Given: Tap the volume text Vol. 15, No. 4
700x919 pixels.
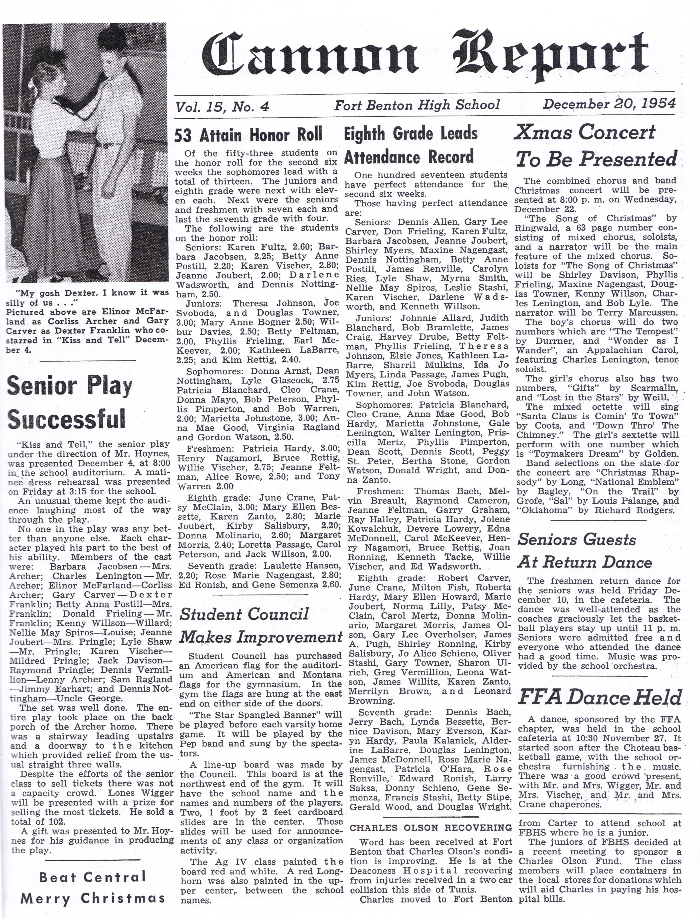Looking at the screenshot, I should pyautogui.click(x=222, y=107).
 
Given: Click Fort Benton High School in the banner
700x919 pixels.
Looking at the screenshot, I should pyautogui.click(x=417, y=105).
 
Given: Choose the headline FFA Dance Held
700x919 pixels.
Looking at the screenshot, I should pyautogui.click(x=599, y=697).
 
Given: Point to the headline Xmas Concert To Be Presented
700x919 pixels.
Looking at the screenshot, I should pyautogui.click(x=596, y=146).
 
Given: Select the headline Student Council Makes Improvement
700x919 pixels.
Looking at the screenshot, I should pyautogui.click(x=261, y=626).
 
